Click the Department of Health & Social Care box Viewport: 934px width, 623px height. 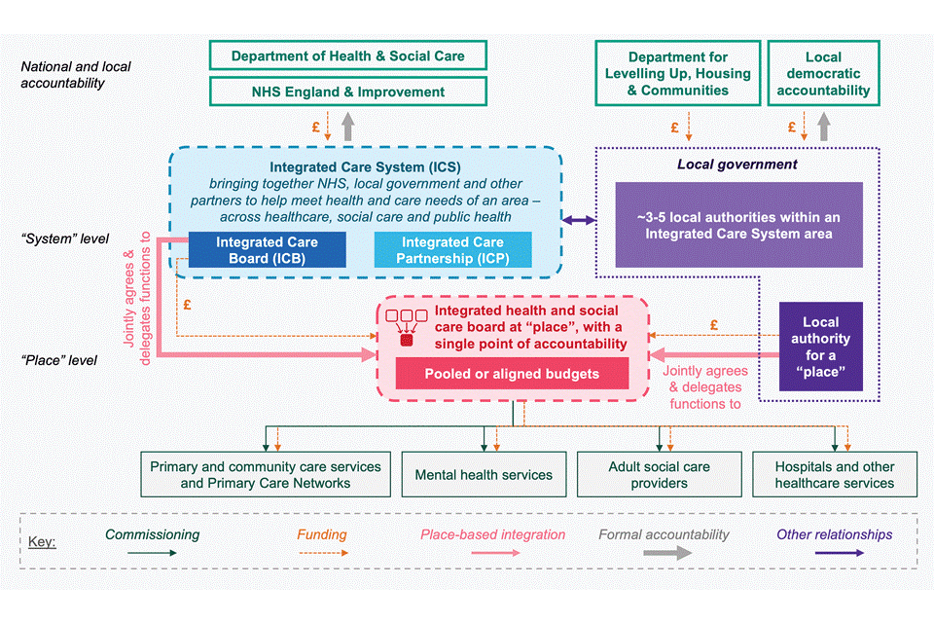point(347,55)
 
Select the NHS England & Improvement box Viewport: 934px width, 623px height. point(347,92)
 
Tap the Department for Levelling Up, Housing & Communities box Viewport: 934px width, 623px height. point(677,74)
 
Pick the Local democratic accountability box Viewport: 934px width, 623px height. point(824,74)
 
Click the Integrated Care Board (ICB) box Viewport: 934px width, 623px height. point(267,249)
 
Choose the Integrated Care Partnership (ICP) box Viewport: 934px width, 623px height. point(453,249)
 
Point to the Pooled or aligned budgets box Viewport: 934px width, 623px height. point(512,374)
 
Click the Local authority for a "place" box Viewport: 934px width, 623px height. point(820,347)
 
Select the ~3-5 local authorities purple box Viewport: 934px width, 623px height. point(738,225)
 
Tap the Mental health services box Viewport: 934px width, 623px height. point(484,475)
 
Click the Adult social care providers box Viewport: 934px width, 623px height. point(659,475)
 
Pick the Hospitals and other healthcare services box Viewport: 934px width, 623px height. point(834,475)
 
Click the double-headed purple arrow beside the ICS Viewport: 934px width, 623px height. point(580,221)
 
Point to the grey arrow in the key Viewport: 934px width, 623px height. point(667,553)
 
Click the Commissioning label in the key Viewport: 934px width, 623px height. point(152,534)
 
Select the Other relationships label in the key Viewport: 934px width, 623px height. point(834,534)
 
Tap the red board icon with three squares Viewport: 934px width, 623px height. point(406,327)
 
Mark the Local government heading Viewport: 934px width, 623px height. point(737,165)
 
